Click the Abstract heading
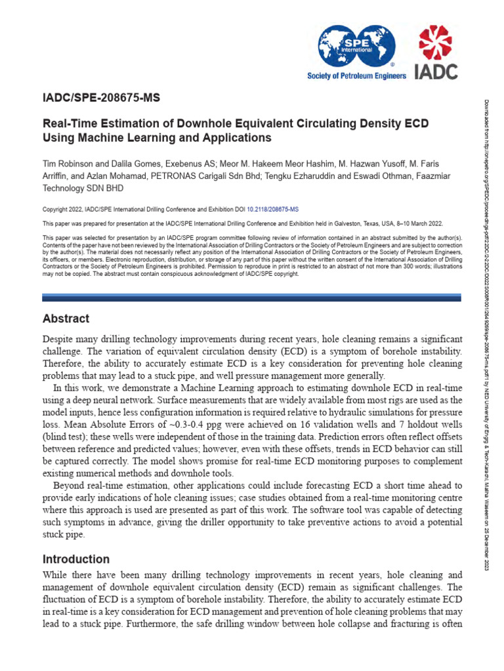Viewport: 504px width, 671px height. coord(66,319)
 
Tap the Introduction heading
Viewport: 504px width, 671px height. coord(76,560)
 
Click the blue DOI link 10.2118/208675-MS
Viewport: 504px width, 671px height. coord(272,209)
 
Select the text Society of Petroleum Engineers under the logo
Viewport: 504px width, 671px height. coord(357,76)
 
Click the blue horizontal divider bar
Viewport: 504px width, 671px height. coord(252,297)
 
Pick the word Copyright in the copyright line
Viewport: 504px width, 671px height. coord(56,209)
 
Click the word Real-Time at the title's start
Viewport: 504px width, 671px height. coord(69,123)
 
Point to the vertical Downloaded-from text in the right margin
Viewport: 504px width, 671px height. coord(487,328)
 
